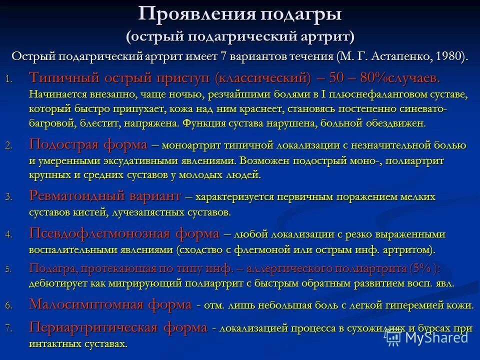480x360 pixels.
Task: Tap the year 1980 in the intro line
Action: pyautogui.click(x=451, y=55)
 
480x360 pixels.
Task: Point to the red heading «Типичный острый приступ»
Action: pyautogui.click(x=120, y=78)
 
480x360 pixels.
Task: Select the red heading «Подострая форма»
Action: pyautogui.click(x=88, y=145)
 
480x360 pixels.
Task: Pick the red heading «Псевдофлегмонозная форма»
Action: pyautogui.click(x=124, y=233)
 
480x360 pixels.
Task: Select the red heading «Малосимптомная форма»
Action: pyautogui.click(x=110, y=304)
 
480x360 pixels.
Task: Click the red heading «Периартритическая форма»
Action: pyautogui.click(x=118, y=327)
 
